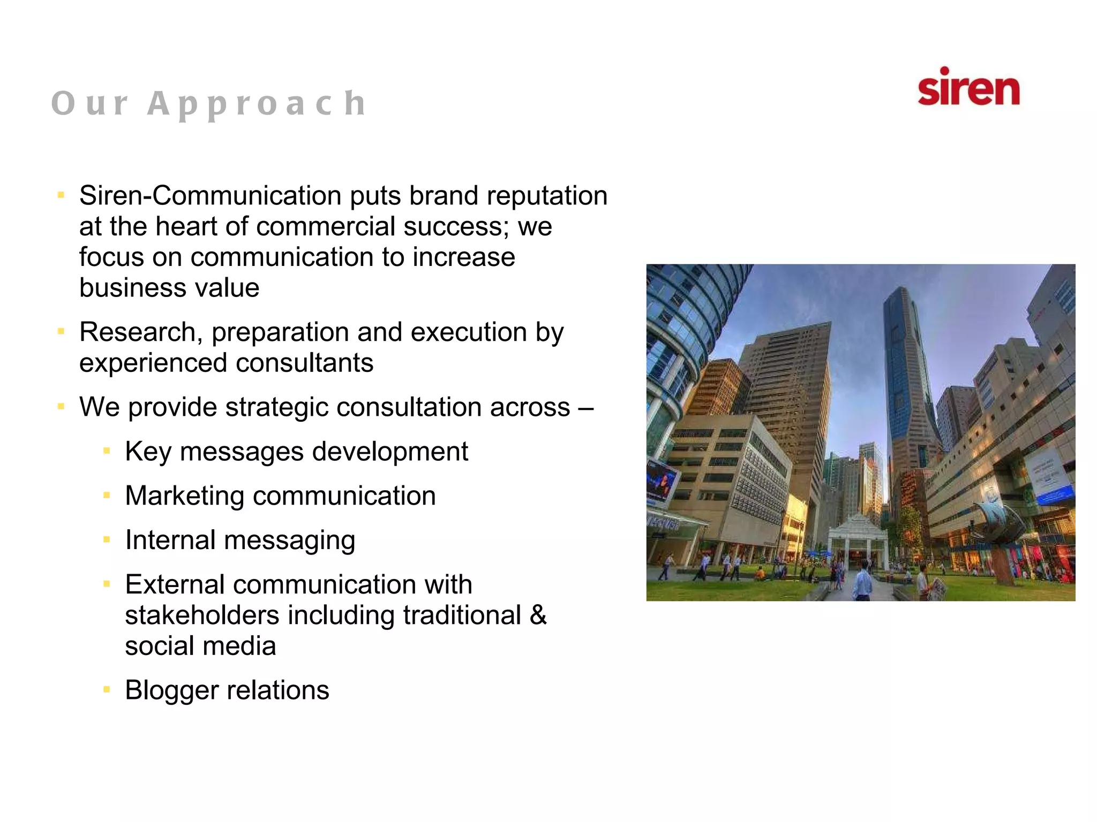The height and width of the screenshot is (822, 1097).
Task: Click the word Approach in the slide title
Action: coord(257,104)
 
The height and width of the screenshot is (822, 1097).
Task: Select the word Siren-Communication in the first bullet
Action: coord(210,196)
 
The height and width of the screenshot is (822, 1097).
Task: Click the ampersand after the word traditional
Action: coord(538,615)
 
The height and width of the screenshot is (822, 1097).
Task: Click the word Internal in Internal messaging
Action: coord(170,540)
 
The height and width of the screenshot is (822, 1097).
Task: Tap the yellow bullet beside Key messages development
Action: coord(107,452)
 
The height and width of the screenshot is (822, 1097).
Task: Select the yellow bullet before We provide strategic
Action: coord(61,407)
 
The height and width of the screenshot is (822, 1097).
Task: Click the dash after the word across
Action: coord(585,408)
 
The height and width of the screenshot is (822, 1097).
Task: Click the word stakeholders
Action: coord(202,615)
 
